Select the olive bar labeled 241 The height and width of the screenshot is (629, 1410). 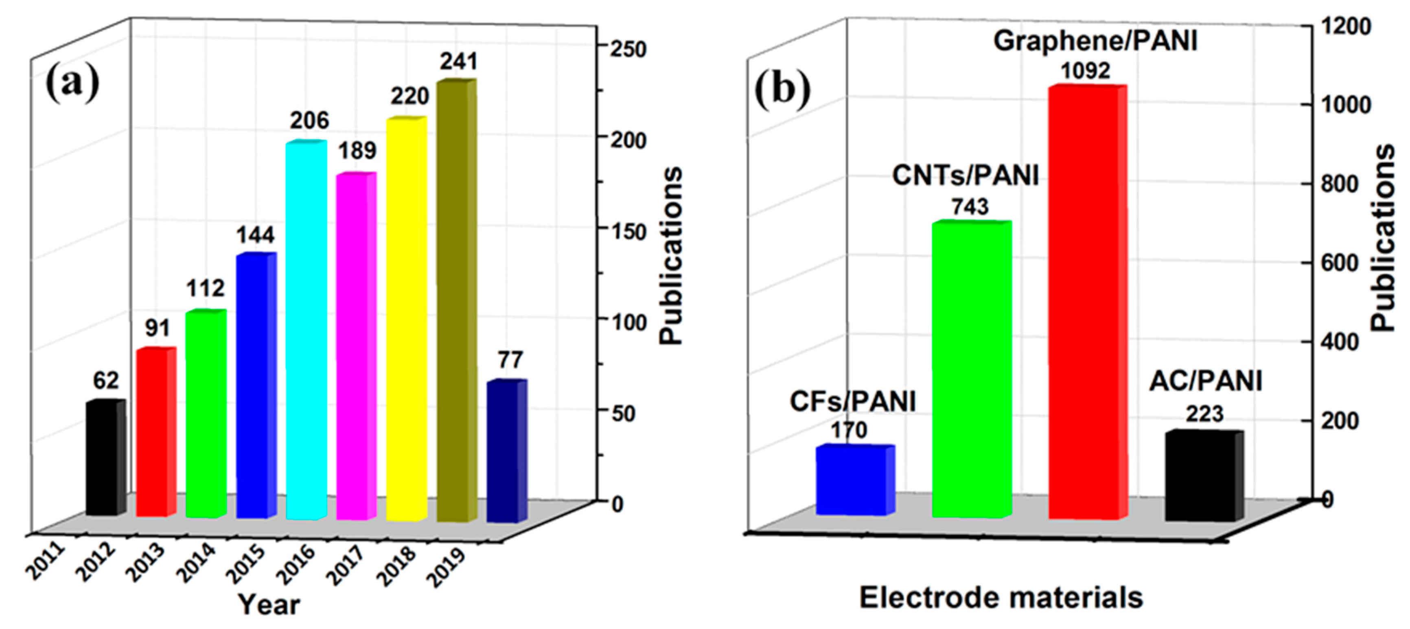click(x=456, y=301)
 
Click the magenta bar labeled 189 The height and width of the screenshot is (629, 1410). click(x=356, y=345)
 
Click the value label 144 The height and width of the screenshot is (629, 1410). click(x=255, y=235)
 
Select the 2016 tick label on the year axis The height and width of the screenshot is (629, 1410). click(x=296, y=564)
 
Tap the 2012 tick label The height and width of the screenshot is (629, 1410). click(x=95, y=561)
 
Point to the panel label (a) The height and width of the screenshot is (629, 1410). click(x=72, y=82)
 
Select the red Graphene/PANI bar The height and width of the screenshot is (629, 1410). click(x=1086, y=301)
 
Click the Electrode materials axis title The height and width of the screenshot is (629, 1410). click(x=1001, y=597)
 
